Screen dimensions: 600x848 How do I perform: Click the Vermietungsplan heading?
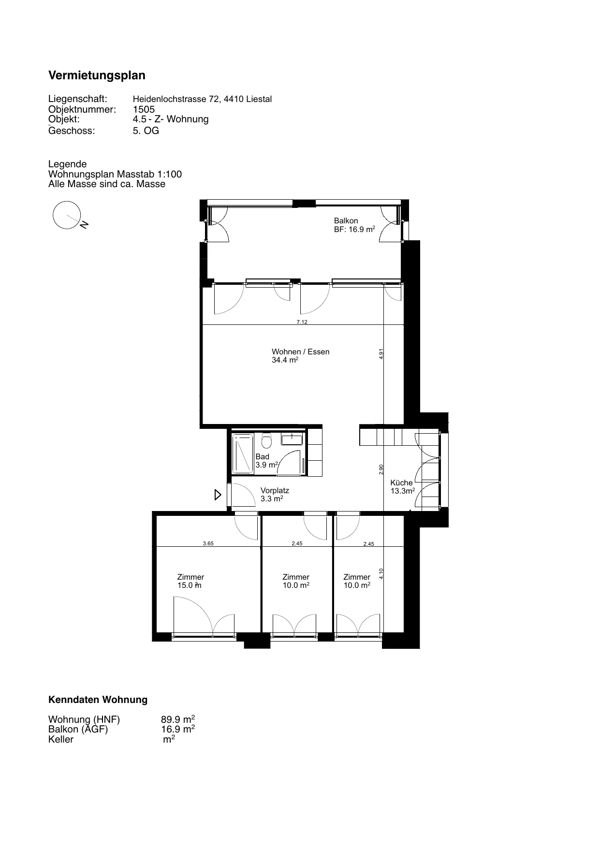(x=97, y=75)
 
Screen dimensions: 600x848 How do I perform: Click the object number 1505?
(x=144, y=109)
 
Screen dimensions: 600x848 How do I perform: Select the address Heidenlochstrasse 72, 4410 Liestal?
(x=202, y=99)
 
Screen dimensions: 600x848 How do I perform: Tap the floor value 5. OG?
(x=146, y=131)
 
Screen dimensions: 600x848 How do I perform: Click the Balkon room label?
(x=346, y=221)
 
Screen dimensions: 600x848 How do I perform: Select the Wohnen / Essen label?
(x=300, y=352)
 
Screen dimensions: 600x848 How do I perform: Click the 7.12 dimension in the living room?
(x=302, y=322)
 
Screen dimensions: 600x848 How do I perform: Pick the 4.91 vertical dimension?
(x=381, y=353)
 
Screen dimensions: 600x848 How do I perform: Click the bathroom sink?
(x=292, y=439)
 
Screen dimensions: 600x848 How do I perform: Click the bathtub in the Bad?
(x=243, y=453)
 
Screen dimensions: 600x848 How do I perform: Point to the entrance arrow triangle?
(x=218, y=495)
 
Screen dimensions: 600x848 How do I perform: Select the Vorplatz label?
(x=275, y=491)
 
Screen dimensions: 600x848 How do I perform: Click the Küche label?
(x=401, y=482)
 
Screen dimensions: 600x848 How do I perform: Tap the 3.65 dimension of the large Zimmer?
(x=208, y=543)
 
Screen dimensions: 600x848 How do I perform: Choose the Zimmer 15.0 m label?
(x=190, y=581)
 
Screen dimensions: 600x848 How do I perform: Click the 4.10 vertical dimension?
(x=381, y=574)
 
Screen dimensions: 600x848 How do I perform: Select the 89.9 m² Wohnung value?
(x=178, y=719)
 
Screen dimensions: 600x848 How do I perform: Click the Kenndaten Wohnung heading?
(x=98, y=700)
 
